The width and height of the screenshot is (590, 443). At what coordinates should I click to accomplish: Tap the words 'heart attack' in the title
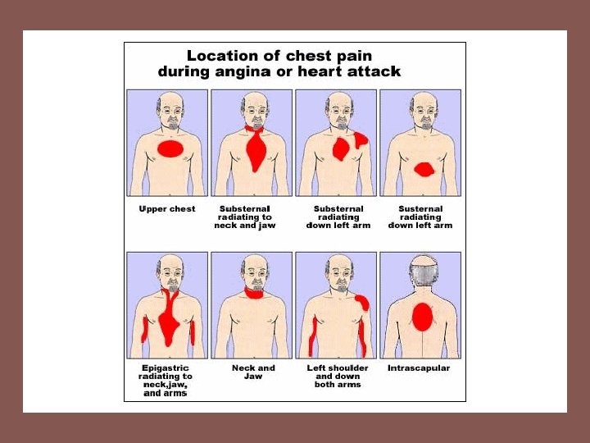355,71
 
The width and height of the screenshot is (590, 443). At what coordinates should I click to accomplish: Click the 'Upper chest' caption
167,209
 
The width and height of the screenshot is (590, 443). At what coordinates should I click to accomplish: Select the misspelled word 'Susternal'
420,209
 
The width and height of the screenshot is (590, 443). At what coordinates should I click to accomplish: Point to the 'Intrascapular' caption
418,368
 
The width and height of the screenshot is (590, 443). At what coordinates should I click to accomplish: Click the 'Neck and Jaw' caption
253,372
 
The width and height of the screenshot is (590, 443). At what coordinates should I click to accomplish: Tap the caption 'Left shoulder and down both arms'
338,376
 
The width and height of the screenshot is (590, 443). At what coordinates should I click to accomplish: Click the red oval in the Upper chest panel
170,148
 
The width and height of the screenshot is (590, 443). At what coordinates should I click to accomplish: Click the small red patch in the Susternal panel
424,170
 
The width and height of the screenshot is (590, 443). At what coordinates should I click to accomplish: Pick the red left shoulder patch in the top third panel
360,139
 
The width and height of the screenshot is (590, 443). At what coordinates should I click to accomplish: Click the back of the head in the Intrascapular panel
421,271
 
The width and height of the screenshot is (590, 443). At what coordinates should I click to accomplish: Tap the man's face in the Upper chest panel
170,112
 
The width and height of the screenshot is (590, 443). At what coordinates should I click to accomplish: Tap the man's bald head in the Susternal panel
423,100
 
